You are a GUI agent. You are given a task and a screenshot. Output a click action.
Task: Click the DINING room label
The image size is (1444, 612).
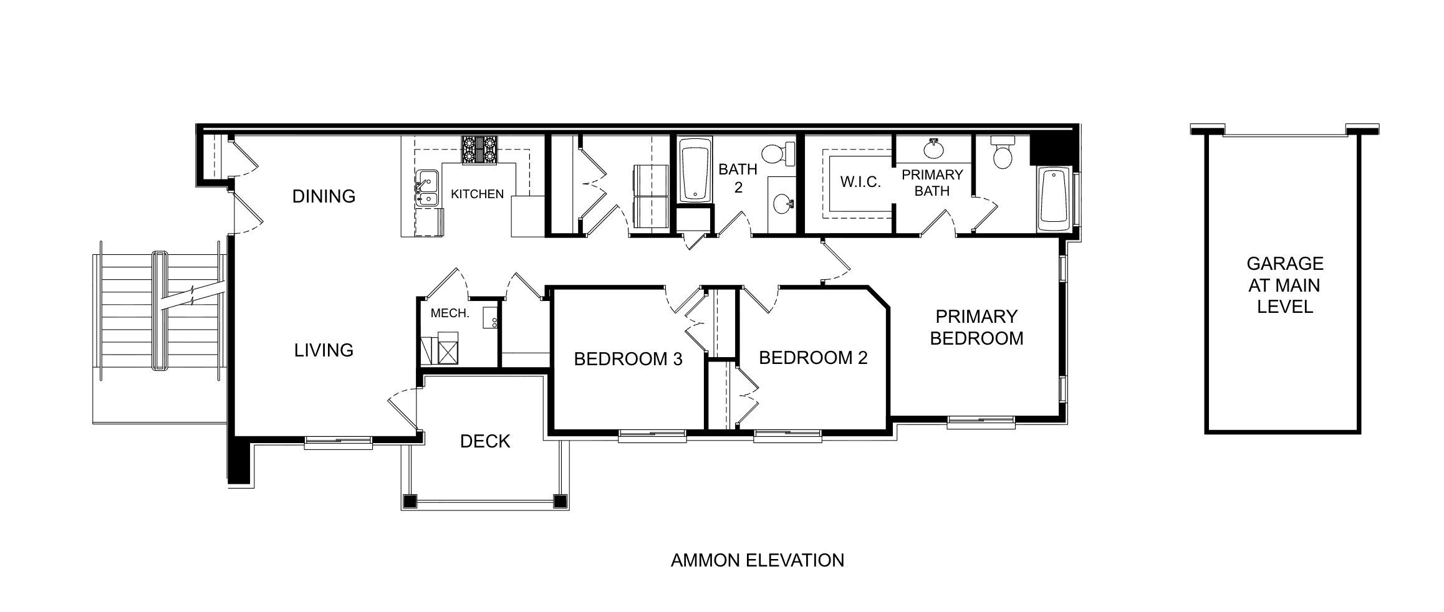324,196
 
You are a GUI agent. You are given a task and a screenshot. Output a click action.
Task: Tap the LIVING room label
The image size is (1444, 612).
324,350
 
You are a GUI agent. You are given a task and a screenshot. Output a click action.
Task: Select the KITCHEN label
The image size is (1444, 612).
477,194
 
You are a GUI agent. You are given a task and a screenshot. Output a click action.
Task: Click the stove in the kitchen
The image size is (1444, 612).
479,150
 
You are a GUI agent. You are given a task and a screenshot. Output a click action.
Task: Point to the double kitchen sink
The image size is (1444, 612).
426,188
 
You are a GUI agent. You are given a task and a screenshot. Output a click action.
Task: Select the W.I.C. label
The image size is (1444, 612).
860,182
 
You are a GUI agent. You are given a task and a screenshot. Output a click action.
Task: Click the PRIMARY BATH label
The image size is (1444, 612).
932,183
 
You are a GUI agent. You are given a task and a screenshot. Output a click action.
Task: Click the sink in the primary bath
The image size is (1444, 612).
933,150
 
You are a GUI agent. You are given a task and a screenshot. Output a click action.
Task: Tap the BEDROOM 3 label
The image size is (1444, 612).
628,359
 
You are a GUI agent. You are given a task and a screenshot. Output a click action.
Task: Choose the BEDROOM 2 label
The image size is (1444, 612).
813,358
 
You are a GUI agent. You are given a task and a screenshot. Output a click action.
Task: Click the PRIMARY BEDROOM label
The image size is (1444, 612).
976,327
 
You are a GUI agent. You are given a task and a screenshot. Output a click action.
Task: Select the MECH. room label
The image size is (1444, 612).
450,313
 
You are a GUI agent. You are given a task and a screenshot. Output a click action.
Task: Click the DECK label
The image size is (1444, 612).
485,441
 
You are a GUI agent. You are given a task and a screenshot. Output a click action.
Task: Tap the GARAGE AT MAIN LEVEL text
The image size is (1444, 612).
1284,285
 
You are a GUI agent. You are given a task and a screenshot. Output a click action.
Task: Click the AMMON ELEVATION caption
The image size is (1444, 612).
757,560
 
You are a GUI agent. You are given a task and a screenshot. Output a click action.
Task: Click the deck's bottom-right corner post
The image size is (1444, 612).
560,500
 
